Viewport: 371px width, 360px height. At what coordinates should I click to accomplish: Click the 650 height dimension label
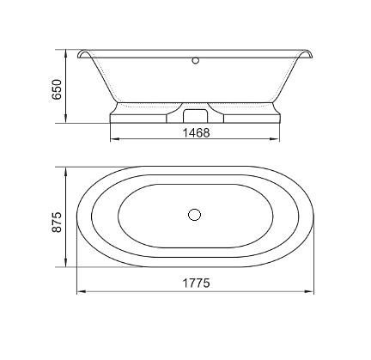click(57, 89)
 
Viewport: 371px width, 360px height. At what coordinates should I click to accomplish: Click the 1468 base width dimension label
click(196, 132)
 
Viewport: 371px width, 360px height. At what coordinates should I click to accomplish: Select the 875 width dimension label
click(57, 222)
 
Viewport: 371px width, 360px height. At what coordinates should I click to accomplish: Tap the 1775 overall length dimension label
click(196, 283)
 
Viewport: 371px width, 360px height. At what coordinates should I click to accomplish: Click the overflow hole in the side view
click(196, 60)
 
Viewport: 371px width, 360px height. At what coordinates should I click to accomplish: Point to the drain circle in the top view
click(195, 215)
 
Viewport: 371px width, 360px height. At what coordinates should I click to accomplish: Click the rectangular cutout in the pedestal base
click(195, 116)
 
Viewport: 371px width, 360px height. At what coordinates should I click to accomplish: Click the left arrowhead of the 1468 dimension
click(114, 139)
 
